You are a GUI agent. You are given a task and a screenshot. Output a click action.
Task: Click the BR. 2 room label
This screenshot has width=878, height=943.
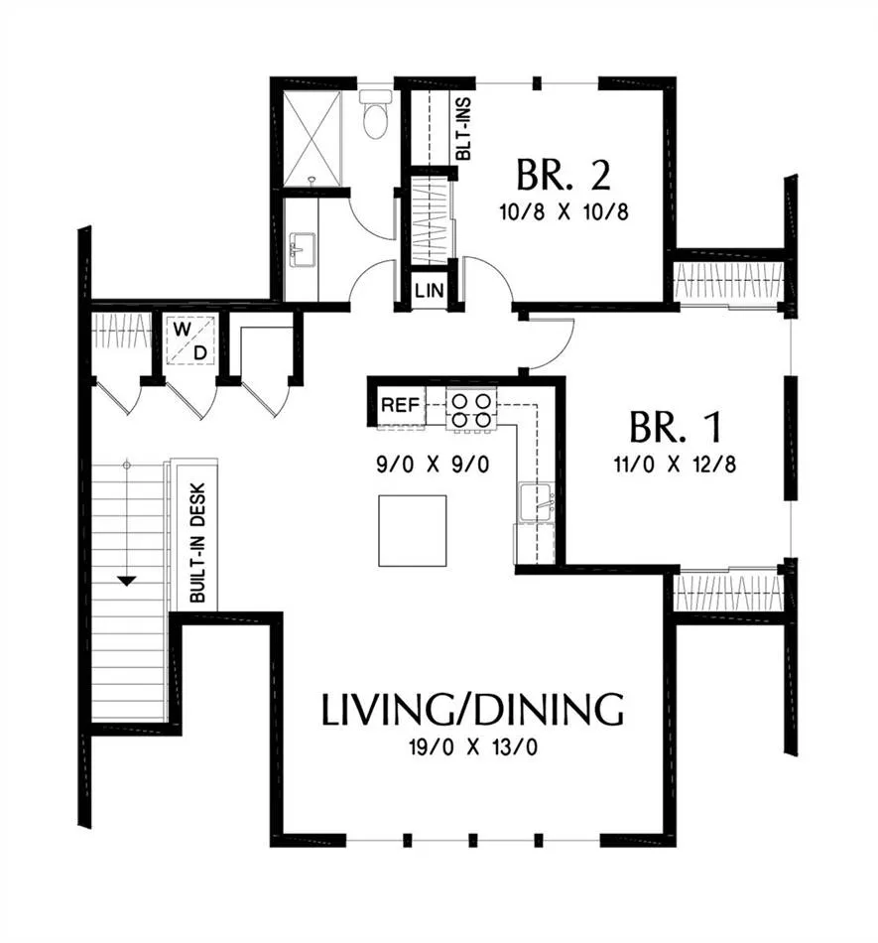564,175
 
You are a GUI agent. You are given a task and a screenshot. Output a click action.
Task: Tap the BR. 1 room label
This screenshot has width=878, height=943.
675,427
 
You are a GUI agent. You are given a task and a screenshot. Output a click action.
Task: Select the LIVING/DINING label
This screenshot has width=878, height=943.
472,710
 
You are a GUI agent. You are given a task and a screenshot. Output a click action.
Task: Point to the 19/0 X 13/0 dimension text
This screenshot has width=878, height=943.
472,747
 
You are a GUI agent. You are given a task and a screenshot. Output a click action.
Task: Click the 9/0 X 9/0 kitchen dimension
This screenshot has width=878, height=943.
433,465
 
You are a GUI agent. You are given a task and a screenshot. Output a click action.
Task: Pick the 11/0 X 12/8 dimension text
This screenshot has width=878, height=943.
675,465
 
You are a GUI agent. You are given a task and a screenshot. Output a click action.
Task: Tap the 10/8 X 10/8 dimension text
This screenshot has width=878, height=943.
564,211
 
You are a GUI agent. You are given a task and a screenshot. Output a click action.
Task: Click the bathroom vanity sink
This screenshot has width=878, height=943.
303,249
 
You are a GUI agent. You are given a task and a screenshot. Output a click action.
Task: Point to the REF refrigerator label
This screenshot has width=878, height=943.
400,405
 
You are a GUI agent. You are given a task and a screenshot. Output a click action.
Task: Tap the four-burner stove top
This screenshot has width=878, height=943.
471,410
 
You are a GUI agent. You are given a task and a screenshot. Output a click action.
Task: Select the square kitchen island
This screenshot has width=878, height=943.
413,530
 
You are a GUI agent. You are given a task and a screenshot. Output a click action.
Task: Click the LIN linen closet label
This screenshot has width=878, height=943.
430,291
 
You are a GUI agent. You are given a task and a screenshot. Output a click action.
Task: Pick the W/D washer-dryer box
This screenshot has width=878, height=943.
190,340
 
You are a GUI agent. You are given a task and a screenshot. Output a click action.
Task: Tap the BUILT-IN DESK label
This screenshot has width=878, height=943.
197,543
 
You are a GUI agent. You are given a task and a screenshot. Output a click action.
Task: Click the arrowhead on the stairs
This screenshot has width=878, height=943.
127,581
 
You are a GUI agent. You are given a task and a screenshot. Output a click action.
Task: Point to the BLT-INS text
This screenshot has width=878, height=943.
463,129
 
